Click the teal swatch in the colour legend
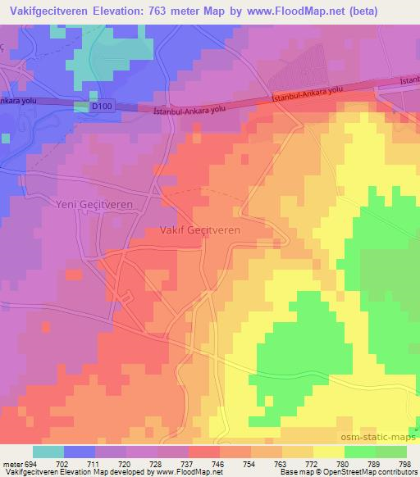tap(48, 452)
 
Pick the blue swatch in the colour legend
tap(80, 452)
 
